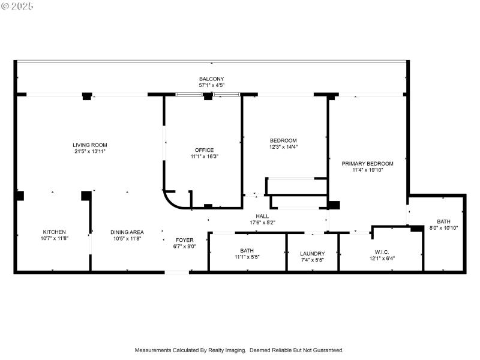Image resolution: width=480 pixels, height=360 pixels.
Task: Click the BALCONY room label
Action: (x=211, y=79)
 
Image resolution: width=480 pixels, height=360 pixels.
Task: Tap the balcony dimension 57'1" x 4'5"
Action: (x=211, y=85)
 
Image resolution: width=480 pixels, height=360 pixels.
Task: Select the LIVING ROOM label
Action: (x=90, y=145)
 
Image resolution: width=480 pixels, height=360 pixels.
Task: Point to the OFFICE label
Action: (x=204, y=150)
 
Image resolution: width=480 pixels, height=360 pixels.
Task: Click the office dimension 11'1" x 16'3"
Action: (x=204, y=157)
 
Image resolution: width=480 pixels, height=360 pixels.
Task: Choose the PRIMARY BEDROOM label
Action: (x=367, y=163)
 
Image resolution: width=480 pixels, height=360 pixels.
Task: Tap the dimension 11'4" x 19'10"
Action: (x=367, y=170)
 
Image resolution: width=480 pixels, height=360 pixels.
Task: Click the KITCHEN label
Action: (x=54, y=232)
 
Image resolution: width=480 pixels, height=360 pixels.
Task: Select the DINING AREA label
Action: (x=127, y=232)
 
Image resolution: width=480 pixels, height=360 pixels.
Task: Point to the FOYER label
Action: (x=184, y=239)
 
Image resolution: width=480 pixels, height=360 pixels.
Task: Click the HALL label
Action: (x=262, y=216)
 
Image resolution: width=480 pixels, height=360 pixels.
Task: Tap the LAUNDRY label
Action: (x=312, y=253)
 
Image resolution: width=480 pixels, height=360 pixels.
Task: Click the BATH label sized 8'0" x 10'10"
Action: (x=443, y=221)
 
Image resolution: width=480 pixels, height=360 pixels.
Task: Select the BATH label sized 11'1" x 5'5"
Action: (x=247, y=250)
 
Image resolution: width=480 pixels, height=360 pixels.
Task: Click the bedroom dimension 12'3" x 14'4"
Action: (x=283, y=146)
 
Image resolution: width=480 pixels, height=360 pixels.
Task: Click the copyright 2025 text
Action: (x=17, y=6)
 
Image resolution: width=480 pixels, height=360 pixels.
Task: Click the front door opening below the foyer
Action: (x=177, y=272)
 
